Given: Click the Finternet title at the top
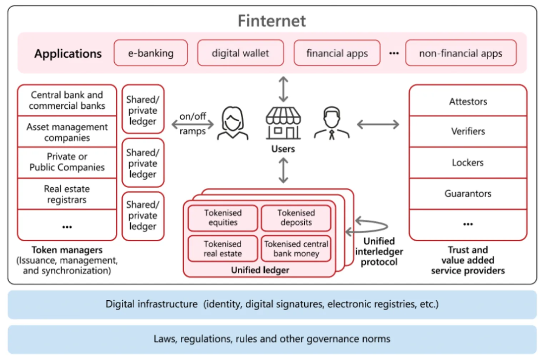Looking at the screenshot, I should click(x=272, y=21).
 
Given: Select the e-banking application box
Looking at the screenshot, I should click(x=151, y=53).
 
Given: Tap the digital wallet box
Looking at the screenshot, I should click(x=240, y=53).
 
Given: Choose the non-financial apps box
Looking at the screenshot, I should click(x=461, y=53).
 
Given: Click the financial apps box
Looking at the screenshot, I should click(x=337, y=53).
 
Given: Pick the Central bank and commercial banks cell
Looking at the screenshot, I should click(x=67, y=100).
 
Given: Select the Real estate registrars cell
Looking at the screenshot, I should click(x=67, y=194).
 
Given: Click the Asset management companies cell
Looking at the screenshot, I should click(x=67, y=132).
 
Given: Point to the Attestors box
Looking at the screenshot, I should click(x=468, y=102).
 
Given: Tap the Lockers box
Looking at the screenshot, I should click(x=468, y=163).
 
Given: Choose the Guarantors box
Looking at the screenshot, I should click(x=468, y=194).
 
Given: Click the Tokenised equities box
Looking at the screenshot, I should click(x=223, y=218).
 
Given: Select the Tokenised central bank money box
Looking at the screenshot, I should click(x=296, y=249).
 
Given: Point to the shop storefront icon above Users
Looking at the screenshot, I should click(x=283, y=123).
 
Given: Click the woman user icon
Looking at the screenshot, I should click(x=233, y=123).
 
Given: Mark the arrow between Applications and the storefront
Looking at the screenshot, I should click(x=283, y=89).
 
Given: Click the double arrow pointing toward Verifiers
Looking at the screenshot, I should click(x=378, y=124).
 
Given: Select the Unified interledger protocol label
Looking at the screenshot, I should click(x=379, y=252).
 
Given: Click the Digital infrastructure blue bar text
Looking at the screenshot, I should click(x=272, y=304).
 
